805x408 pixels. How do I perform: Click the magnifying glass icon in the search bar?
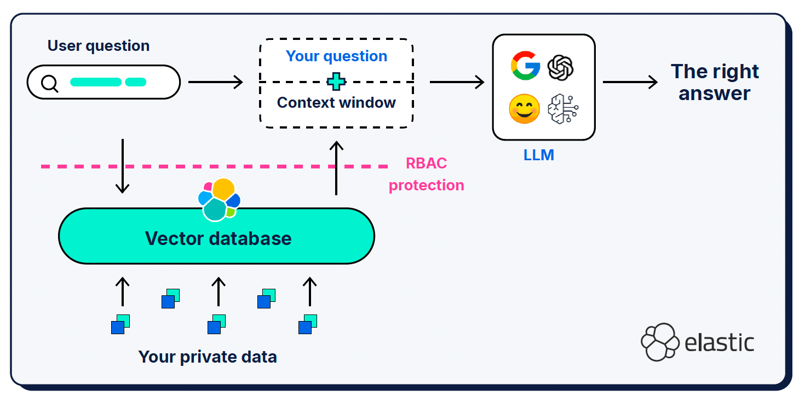tap(50, 83)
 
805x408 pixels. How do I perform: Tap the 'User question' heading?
tap(99, 46)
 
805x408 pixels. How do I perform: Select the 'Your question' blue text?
tap(336, 56)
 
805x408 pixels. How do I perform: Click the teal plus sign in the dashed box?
tap(336, 82)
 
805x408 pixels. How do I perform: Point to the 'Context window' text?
tap(336, 103)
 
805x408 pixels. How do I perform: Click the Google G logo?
tap(525, 66)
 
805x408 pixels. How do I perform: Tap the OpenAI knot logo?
tap(561, 67)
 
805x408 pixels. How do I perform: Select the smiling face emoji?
tap(524, 109)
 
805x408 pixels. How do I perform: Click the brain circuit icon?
tap(563, 109)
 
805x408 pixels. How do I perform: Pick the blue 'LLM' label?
tap(539, 155)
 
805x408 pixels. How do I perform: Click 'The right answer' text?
tap(715, 82)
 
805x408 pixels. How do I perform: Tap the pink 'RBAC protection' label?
tap(426, 174)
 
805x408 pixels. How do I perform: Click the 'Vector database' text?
tap(218, 238)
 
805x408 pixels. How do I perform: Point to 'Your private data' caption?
tap(208, 357)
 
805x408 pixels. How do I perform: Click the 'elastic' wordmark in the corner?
tap(719, 343)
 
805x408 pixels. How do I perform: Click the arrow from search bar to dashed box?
tap(215, 83)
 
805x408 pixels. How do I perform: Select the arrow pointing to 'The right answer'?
tap(630, 83)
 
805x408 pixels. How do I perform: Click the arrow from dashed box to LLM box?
tap(457, 83)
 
